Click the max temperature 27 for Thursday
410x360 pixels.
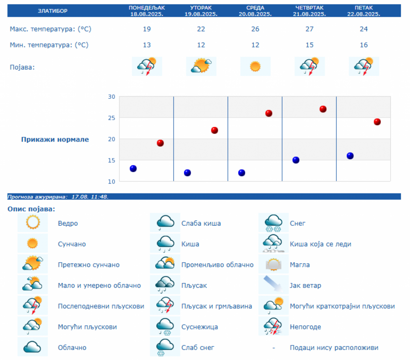click(310, 29)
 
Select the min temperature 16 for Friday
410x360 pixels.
click(364, 45)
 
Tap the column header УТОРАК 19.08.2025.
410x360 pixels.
click(201, 10)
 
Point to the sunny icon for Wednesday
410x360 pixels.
click(255, 66)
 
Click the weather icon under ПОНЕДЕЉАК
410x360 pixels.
click(147, 66)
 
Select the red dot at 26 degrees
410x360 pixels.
click(269, 113)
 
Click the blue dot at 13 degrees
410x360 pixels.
click(133, 168)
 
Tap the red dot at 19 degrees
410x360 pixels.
click(160, 143)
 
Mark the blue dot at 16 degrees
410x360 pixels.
click(350, 156)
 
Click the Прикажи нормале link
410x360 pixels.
click(55, 139)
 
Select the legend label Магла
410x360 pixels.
click(300, 265)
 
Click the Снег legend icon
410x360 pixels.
click(273, 223)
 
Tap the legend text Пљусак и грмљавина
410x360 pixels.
click(216, 306)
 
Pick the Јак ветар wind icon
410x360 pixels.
click(273, 285)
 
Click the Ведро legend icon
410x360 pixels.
click(33, 223)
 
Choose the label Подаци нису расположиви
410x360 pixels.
click(334, 348)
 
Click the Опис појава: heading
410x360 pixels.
click(31, 209)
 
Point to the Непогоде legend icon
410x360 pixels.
click(273, 326)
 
